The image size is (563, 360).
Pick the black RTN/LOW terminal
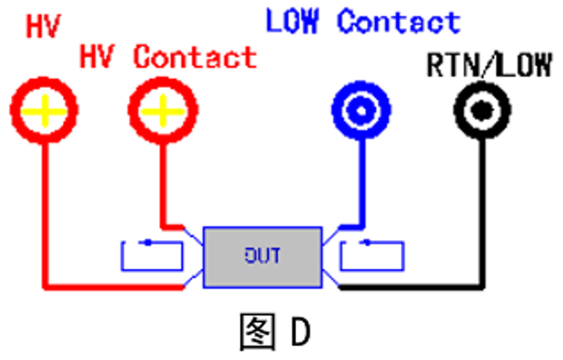(481, 109)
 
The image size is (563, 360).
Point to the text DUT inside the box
(262, 256)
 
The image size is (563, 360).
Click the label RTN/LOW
(489, 65)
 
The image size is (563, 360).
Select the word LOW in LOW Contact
(294, 21)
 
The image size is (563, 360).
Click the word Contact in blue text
(398, 21)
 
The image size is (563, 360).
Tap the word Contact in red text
(195, 58)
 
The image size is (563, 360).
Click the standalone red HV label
(42, 28)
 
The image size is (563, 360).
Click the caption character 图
(256, 331)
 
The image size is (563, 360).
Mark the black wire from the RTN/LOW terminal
(481, 215)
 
